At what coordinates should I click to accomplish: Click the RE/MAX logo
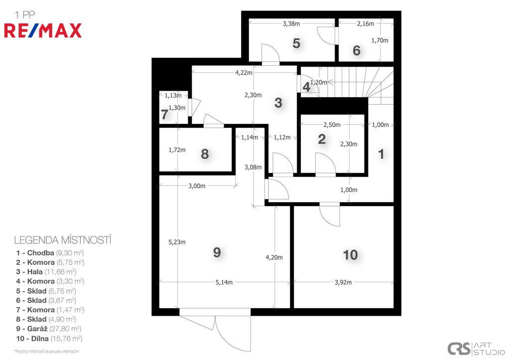pyautogui.click(x=43, y=31)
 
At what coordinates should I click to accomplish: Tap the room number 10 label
pyautogui.click(x=350, y=255)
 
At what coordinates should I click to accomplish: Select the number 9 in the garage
pyautogui.click(x=217, y=252)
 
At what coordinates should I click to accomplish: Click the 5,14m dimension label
pyautogui.click(x=224, y=282)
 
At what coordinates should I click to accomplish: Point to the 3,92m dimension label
pyautogui.click(x=343, y=282)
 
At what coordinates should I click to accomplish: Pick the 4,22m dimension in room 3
pyautogui.click(x=244, y=73)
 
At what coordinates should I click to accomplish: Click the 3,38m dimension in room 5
pyautogui.click(x=291, y=23)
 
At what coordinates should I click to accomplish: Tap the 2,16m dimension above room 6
pyautogui.click(x=365, y=23)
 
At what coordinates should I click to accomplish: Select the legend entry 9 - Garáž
pyautogui.click(x=49, y=329)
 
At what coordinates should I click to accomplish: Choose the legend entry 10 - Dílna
pyautogui.click(x=49, y=339)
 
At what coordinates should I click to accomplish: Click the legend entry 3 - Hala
pyautogui.click(x=46, y=272)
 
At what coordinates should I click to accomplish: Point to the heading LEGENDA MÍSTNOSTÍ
pyautogui.click(x=63, y=240)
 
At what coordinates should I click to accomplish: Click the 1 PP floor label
pyautogui.click(x=25, y=14)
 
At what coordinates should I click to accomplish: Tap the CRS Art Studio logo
pyautogui.click(x=476, y=349)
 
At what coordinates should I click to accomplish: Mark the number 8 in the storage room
pyautogui.click(x=205, y=154)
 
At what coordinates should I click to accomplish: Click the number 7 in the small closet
pyautogui.click(x=164, y=115)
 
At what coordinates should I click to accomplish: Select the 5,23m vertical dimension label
pyautogui.click(x=177, y=242)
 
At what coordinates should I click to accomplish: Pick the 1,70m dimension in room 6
pyautogui.click(x=380, y=40)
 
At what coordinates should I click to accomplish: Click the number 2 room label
pyautogui.click(x=322, y=139)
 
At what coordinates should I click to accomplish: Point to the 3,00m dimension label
pyautogui.click(x=197, y=186)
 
